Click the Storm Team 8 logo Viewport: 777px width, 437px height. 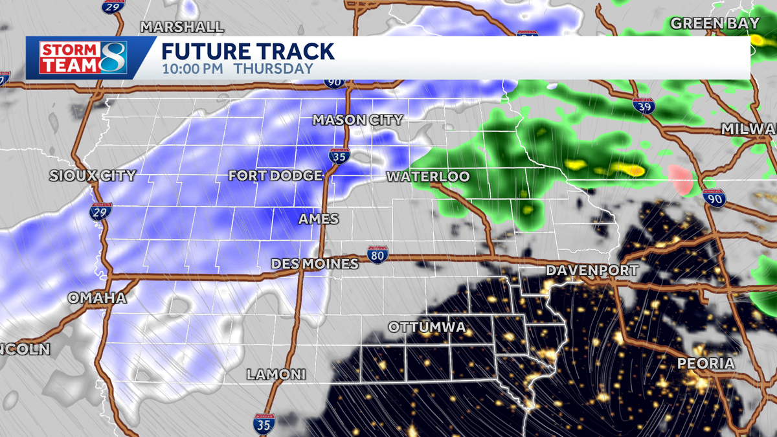[x=83, y=58]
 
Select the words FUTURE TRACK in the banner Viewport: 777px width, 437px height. [x=247, y=51]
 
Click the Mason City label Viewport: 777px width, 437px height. [x=357, y=120]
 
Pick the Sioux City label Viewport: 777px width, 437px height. [x=93, y=175]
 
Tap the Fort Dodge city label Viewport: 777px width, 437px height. [x=275, y=175]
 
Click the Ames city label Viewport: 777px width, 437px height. [x=319, y=219]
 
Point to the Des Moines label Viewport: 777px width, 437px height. [x=315, y=263]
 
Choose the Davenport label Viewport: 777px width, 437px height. [x=592, y=270]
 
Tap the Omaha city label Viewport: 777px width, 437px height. [x=97, y=298]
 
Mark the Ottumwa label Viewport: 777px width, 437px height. [x=427, y=328]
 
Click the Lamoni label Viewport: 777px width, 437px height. [x=276, y=375]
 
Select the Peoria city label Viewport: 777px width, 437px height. [x=706, y=364]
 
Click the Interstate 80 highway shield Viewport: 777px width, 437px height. [x=378, y=254]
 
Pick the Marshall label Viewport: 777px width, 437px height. [x=182, y=27]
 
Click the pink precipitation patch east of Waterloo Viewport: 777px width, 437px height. [x=680, y=179]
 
